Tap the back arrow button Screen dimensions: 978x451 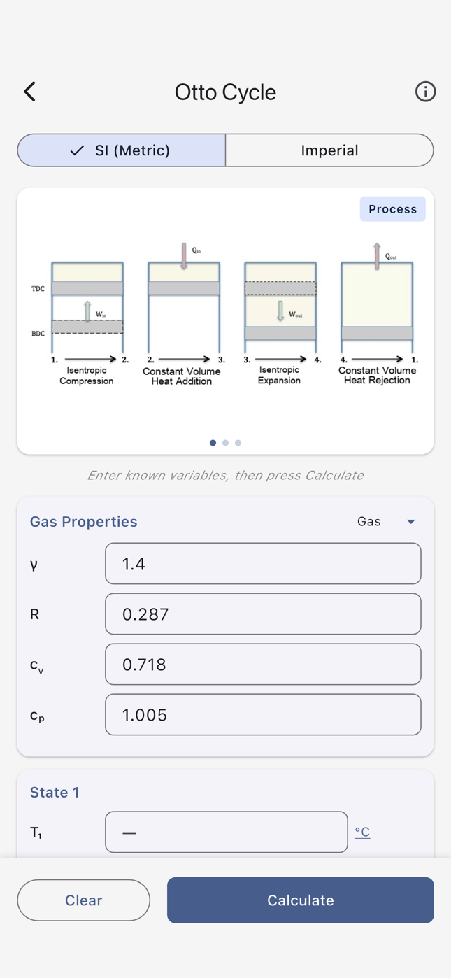(x=29, y=92)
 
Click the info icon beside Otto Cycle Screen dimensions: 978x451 (x=425, y=92)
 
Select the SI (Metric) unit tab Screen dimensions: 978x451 (x=122, y=150)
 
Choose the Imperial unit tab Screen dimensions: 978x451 (x=329, y=150)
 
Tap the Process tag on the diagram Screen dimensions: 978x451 (x=392, y=209)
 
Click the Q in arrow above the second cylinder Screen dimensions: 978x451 (x=185, y=255)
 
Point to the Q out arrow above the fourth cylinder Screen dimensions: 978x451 (x=377, y=255)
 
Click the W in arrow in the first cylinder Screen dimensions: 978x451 (x=87, y=311)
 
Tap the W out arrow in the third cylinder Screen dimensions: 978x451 (x=280, y=311)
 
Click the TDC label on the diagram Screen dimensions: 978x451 (x=38, y=289)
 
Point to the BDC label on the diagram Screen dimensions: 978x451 (x=38, y=334)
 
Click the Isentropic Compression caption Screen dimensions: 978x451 (x=87, y=376)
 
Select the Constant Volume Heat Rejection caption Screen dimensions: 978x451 (x=377, y=376)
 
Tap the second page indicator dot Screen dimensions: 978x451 (x=225, y=443)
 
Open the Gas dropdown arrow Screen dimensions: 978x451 (x=411, y=522)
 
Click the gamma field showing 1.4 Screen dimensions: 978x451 (x=263, y=564)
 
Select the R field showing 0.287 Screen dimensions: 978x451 (x=263, y=614)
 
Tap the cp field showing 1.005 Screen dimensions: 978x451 (x=263, y=715)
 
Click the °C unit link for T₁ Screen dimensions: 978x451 (x=362, y=832)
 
